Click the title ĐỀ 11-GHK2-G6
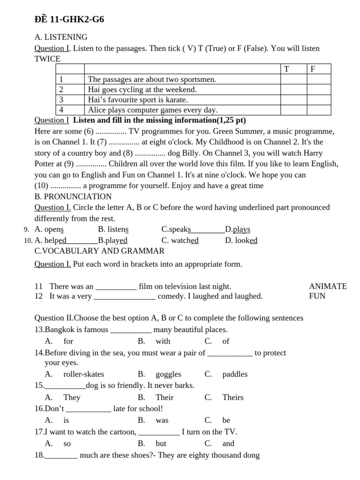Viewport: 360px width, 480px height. click(69, 19)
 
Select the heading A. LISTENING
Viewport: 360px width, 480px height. click(61, 37)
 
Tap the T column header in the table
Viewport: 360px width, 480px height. click(286, 69)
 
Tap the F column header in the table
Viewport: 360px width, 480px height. click(313, 69)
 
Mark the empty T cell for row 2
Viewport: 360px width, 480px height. click(293, 90)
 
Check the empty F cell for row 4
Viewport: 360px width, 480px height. click(319, 110)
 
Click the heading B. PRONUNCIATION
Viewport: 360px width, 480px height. click(73, 196)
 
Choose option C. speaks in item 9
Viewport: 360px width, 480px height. click(176, 229)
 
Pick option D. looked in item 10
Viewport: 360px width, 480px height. click(241, 240)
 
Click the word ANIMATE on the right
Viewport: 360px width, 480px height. click(328, 286)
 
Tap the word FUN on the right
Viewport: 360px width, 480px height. click(317, 296)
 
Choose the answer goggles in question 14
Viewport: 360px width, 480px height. click(168, 374)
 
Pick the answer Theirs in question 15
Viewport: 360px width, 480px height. click(232, 397)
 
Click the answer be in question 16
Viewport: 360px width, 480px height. click(226, 420)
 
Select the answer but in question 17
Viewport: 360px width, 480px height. click(161, 443)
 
